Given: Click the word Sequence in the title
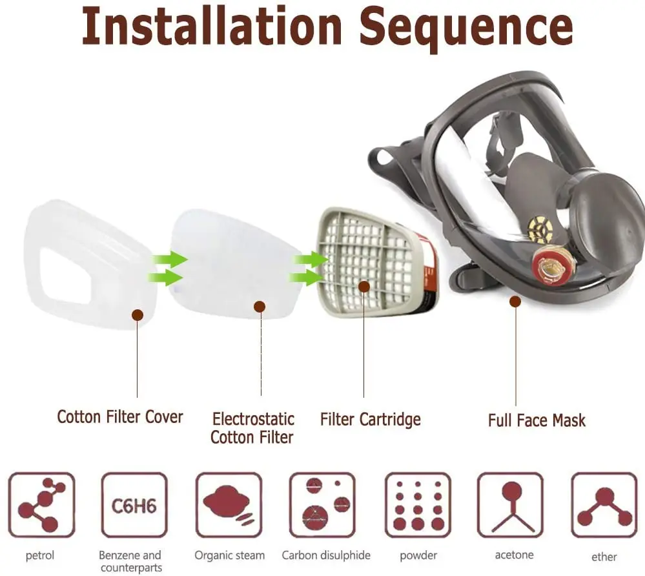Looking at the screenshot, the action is [x=466, y=29].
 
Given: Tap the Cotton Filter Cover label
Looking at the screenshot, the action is [x=119, y=417].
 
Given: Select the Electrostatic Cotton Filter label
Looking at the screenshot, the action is [x=252, y=428].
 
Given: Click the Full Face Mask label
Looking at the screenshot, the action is [x=537, y=420].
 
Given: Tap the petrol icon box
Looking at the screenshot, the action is [x=41, y=505].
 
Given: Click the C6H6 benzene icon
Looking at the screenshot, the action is [x=134, y=505].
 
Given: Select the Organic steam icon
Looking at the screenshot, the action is [x=229, y=505].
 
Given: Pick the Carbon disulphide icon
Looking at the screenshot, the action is [x=323, y=505].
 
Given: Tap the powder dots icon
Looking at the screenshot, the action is [x=418, y=505].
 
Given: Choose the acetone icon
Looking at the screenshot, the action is [x=511, y=505].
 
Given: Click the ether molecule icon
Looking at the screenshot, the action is [x=604, y=505].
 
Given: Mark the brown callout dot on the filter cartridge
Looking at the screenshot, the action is [x=364, y=287].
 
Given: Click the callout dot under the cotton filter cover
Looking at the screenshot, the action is [x=138, y=315].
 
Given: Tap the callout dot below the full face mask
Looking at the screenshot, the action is [x=515, y=302].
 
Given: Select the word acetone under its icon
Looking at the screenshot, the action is [x=514, y=555].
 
